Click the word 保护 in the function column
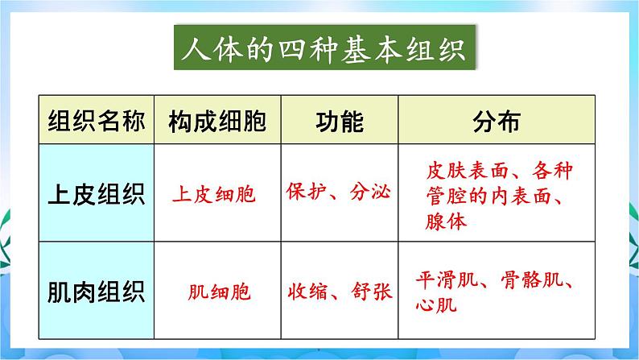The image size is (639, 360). point(306,192)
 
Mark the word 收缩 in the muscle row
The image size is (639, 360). point(306,290)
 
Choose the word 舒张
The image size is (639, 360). point(371,290)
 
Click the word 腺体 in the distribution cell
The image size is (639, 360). point(447,221)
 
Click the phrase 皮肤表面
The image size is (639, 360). point(463,172)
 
